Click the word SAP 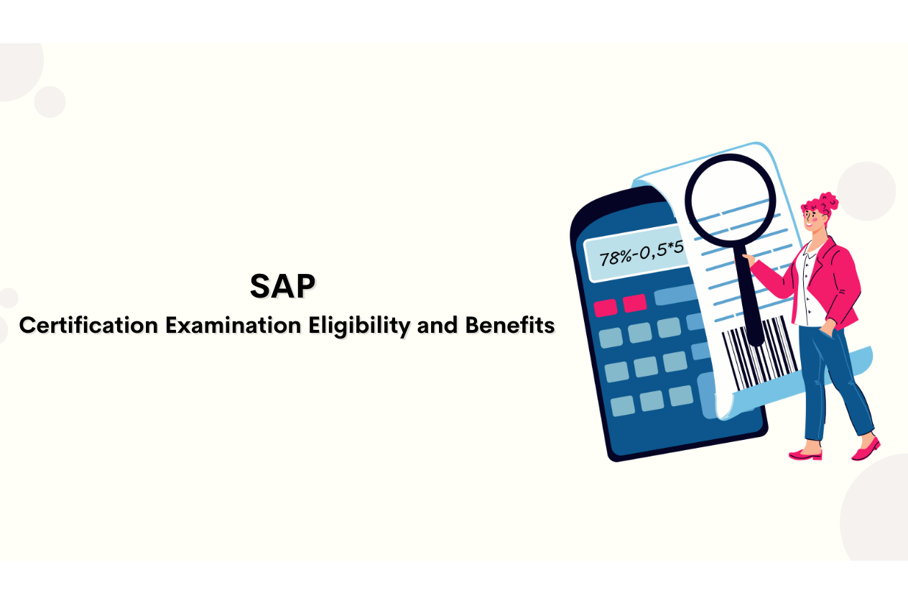pos(282,286)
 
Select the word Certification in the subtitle pos(88,326)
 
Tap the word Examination pos(233,326)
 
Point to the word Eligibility pos(360,326)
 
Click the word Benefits pos(510,325)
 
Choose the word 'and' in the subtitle pos(437,326)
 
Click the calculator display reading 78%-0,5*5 pos(638,254)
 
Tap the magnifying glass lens pos(731,201)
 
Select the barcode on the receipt pos(759,353)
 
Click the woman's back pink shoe pos(866,449)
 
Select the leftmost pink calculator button pos(606,308)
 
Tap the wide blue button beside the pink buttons pos(675,295)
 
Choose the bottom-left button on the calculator pos(623,406)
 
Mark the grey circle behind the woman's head pos(866,191)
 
